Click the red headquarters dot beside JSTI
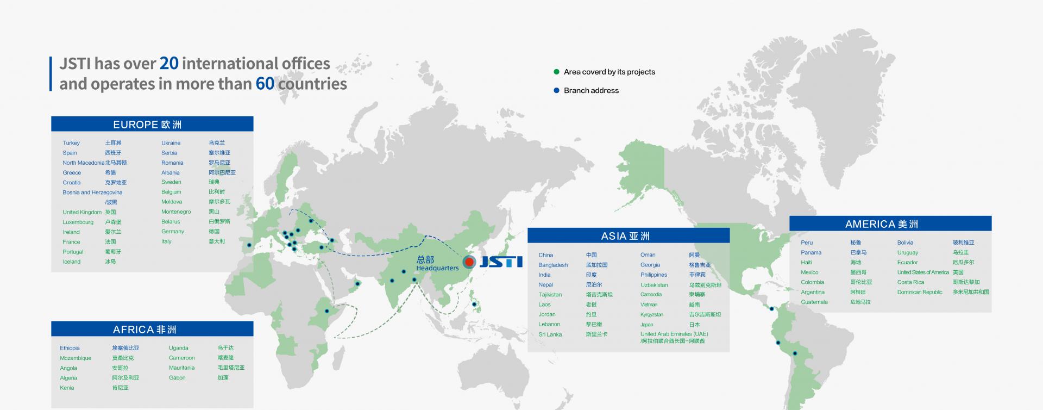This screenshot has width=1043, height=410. coord(469,262)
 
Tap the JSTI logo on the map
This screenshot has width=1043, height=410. coord(500,262)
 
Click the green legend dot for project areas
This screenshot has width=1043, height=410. coord(556,72)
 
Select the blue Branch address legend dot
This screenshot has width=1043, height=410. coord(556,90)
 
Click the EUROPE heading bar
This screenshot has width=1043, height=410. coord(152,124)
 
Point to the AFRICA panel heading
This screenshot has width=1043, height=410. coord(152,329)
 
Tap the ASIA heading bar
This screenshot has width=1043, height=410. coord(629,235)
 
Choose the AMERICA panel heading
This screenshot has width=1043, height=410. coord(890,223)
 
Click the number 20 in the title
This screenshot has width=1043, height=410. coord(169,64)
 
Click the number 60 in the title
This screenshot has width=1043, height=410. coord(265,84)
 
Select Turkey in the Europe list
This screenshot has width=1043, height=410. coord(71,143)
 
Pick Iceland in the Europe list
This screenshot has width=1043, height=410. coord(72,262)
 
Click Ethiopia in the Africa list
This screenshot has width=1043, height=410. coord(70,348)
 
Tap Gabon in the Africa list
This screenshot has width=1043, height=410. coord(177,377)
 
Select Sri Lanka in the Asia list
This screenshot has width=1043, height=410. coord(550,334)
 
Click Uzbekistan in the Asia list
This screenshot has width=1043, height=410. coord(654,285)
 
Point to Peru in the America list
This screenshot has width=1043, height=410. coord(807,243)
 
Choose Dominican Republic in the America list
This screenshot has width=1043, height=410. coord(920,292)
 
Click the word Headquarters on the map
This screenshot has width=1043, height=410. coord(437,268)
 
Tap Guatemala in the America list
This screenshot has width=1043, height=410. coord(814,302)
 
